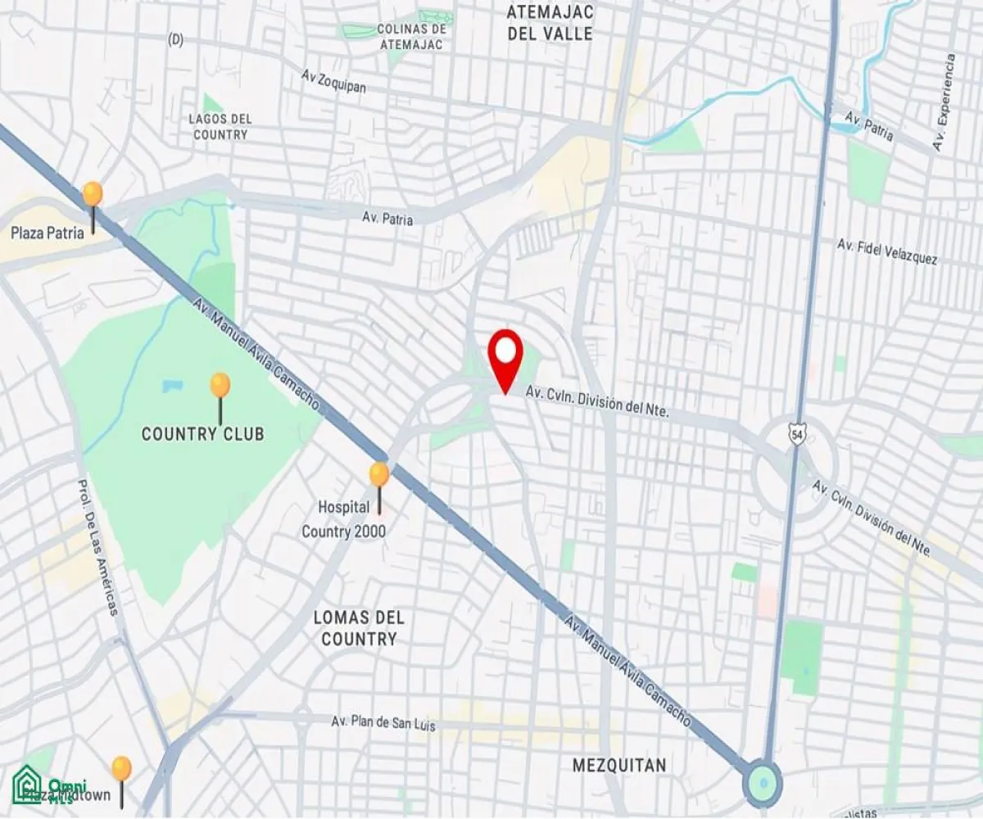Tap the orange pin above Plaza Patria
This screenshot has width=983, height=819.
[x=93, y=195]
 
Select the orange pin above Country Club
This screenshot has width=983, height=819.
[x=220, y=386]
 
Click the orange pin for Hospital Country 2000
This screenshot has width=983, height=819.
[x=378, y=475]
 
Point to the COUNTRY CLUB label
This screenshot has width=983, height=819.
[x=203, y=434]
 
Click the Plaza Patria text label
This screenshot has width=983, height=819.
[x=48, y=233]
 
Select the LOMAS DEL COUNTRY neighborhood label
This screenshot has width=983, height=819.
[x=359, y=628]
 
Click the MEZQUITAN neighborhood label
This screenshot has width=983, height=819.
[x=619, y=766]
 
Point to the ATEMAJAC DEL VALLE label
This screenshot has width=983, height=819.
[x=550, y=23]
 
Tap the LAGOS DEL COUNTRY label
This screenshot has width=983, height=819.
[x=220, y=126]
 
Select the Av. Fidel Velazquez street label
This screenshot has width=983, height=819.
[x=887, y=251]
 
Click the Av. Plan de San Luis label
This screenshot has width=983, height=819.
[x=383, y=724]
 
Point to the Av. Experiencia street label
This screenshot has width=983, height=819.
[x=944, y=102]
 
